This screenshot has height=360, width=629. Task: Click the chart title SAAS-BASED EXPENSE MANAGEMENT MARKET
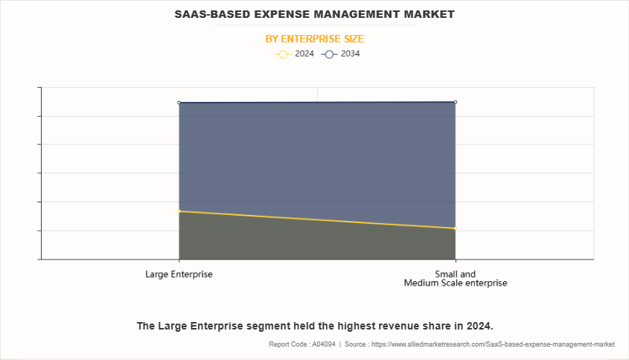pos(314,14)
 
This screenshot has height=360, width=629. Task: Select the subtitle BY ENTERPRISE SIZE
pos(314,39)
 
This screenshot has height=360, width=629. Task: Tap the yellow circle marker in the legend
pos(283,54)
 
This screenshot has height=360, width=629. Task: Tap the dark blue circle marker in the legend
pos(329,54)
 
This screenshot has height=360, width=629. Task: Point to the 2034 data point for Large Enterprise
pos(179,103)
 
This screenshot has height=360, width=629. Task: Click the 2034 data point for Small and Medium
pos(455,102)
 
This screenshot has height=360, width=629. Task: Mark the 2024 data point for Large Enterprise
pos(179,211)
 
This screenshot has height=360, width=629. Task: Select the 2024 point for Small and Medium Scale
pos(455,228)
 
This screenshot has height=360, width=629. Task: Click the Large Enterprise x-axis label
pos(179,274)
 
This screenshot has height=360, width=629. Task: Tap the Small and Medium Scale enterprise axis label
pos(455,278)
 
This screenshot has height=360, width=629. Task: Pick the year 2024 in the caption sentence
pos(479,326)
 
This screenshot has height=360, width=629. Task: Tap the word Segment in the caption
pos(262,326)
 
